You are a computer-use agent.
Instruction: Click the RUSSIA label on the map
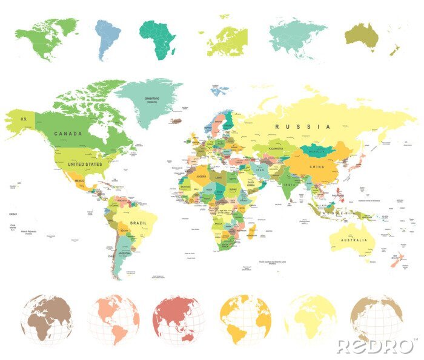coord(303,126)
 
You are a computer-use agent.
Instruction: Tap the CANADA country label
coord(68,133)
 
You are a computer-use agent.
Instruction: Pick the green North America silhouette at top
coord(45,36)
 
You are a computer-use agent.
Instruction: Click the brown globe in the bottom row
coord(45,319)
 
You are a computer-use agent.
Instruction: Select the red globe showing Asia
coord(179,319)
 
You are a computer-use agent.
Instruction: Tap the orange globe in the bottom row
coord(245,319)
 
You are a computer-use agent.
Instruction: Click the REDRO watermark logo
coord(376,346)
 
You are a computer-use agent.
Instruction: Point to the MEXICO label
coord(79,180)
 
